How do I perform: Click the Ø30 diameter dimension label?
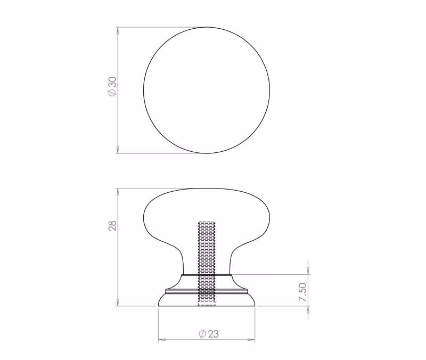tap(112, 86)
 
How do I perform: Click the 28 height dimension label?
tap(112, 225)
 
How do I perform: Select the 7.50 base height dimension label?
tap(302, 292)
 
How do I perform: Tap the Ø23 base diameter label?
tap(208, 333)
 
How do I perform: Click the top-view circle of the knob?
tap(144, 90)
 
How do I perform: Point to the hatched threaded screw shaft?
tap(207, 264)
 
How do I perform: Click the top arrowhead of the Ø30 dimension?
tap(118, 30)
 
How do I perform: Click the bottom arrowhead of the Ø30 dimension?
tap(118, 150)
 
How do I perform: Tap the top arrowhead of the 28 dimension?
tap(118, 192)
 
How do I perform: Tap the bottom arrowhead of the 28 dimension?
tap(118, 302)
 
